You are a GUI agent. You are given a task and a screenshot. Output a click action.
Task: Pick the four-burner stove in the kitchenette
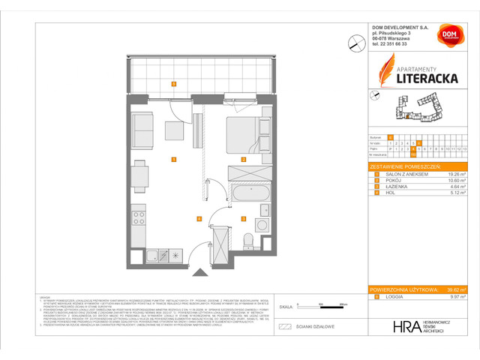pyautogui.click(x=139, y=219)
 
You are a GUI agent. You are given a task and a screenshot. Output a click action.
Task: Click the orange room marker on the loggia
pyautogui.click(x=173, y=83)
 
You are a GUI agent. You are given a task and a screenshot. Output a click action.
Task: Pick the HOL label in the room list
pyautogui.click(x=388, y=194)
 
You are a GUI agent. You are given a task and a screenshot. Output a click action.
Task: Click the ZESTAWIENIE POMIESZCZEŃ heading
pyautogui.click(x=405, y=166)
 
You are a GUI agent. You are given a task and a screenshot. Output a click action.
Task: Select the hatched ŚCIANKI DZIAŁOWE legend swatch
pyautogui.click(x=284, y=327)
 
